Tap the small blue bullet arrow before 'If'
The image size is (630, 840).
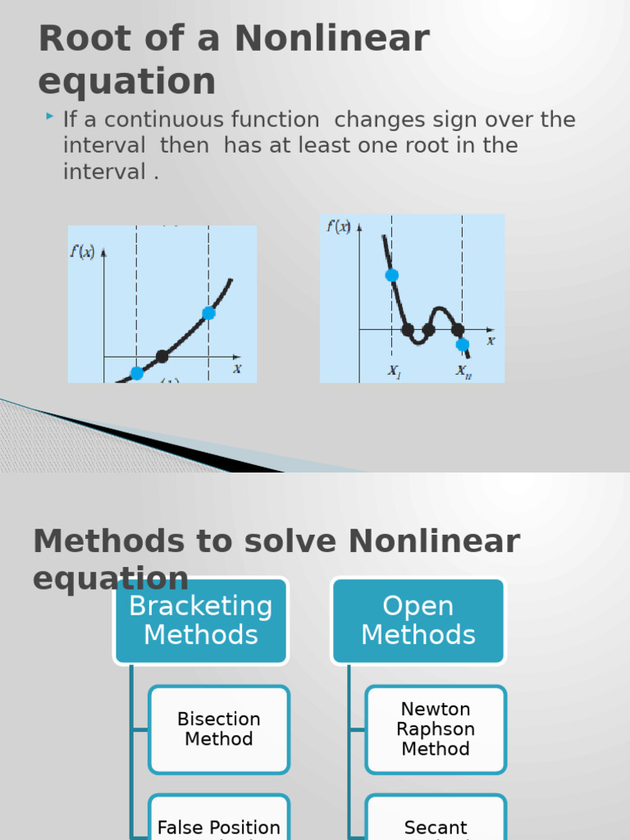click(51, 118)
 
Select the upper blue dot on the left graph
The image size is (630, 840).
click(208, 313)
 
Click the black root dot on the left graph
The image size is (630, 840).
click(162, 356)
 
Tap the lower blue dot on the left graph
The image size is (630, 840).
click(137, 373)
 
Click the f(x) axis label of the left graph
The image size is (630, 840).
click(81, 251)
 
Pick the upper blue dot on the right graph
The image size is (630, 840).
click(392, 275)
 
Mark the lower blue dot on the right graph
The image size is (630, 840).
click(463, 345)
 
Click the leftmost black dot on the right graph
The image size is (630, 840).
click(408, 330)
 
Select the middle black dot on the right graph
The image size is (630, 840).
click(428, 330)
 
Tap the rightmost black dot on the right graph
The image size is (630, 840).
click(458, 330)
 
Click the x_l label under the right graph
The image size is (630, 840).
click(395, 371)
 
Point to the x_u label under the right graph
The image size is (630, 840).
click(463, 371)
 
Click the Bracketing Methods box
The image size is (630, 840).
click(201, 621)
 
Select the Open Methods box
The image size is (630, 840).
click(418, 621)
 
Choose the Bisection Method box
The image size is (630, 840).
click(219, 729)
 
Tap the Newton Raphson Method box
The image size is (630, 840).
click(436, 729)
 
